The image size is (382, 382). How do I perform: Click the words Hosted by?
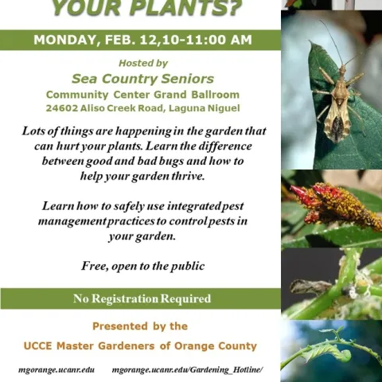click(142, 63)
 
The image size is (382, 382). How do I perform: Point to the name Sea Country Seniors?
click(142, 79)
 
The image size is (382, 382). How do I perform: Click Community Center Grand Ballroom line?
click(142, 94)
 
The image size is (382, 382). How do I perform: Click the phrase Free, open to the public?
click(142, 266)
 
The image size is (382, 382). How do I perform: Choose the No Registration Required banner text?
click(142, 299)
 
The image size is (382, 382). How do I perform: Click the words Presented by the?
click(140, 326)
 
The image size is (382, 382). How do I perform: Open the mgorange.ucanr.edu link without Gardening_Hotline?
click(56, 370)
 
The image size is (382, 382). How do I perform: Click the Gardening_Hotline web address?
click(187, 370)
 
